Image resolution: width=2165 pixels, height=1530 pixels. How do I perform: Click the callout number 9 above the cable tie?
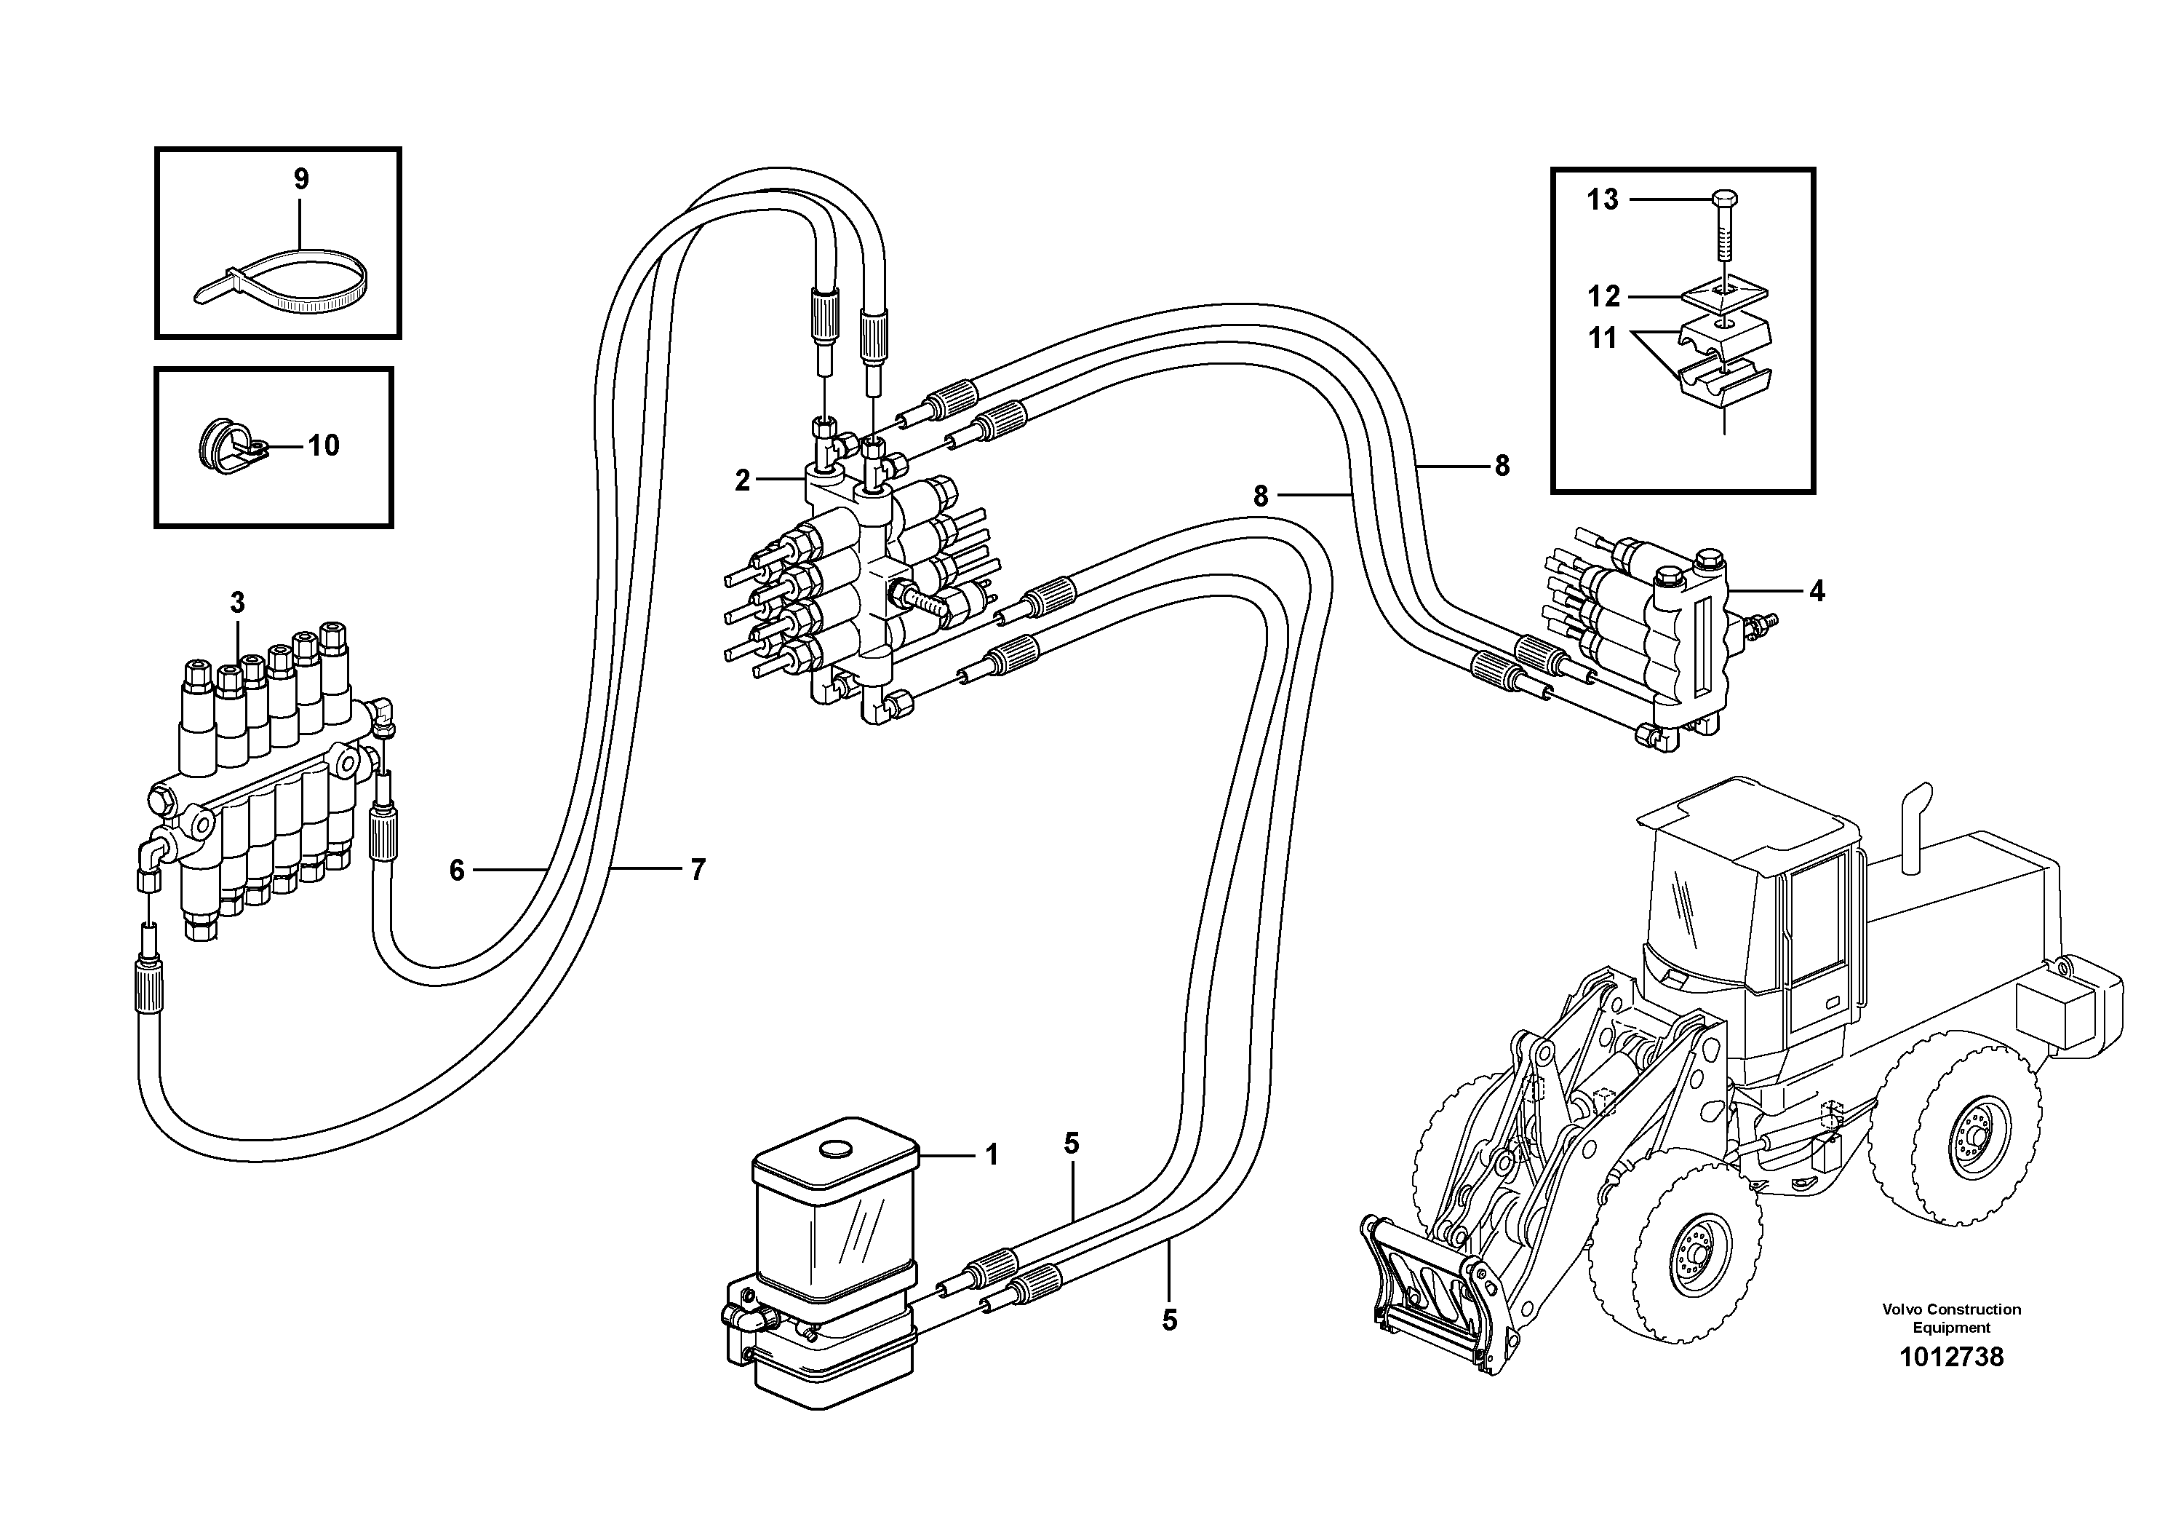click(x=300, y=178)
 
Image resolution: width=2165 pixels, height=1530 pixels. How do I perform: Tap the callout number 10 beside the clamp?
click(x=324, y=445)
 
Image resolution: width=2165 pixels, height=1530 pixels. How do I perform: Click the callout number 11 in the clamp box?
click(x=1602, y=338)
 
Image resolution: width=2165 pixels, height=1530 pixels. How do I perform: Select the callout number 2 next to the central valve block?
click(x=743, y=481)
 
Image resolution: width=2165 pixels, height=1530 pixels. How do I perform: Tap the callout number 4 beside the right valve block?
click(x=1816, y=592)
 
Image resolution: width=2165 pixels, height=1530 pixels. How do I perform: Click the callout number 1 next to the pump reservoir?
click(x=991, y=1154)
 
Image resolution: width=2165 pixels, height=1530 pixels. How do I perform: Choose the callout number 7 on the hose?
click(x=698, y=870)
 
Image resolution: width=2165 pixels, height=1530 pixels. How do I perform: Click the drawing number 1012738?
click(x=1951, y=1357)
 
